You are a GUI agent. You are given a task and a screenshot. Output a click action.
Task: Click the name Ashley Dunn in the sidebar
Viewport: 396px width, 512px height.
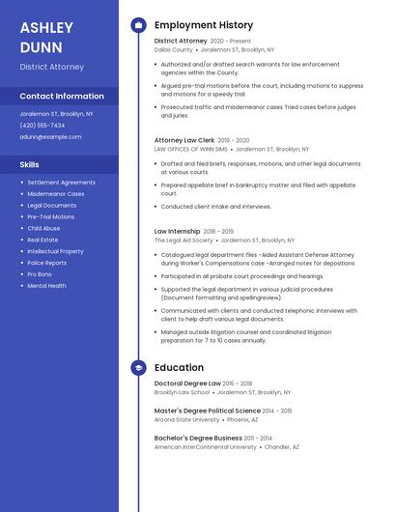46,37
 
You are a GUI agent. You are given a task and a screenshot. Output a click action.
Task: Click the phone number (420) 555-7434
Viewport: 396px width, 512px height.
42,125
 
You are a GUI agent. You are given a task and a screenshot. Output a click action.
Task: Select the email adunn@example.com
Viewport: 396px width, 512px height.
50,136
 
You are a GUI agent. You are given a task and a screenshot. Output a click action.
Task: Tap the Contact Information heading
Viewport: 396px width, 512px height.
62,96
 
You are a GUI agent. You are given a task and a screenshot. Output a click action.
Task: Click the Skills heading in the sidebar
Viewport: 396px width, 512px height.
30,164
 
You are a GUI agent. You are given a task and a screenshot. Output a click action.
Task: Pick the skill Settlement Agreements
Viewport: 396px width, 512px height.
61,182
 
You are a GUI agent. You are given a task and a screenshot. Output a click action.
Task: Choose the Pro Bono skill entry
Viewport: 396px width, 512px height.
41,274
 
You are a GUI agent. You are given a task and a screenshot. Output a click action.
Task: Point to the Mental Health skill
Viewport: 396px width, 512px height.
46,286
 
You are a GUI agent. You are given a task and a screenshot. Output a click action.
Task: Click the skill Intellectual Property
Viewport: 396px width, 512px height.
55,251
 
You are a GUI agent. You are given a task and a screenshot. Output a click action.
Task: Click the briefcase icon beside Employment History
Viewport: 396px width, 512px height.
138,25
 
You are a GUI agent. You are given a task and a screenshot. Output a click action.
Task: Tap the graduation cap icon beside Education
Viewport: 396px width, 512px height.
138,368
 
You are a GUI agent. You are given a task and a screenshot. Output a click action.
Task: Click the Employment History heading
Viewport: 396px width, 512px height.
204,25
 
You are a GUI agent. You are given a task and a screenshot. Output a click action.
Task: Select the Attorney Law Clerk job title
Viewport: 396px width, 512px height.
184,140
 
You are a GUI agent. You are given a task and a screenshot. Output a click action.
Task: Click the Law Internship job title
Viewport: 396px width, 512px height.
178,232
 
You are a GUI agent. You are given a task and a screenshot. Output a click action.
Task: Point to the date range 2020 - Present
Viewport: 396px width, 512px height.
230,42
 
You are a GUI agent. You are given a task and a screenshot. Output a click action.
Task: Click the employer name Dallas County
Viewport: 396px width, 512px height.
173,49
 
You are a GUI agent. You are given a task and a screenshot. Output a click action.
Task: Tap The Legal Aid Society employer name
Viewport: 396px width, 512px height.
184,240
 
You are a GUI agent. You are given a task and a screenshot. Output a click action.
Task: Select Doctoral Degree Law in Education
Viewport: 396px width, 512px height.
187,384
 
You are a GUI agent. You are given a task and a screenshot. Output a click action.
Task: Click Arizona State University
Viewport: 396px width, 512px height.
186,419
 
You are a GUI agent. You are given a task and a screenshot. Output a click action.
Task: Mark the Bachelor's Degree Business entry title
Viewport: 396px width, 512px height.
198,438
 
